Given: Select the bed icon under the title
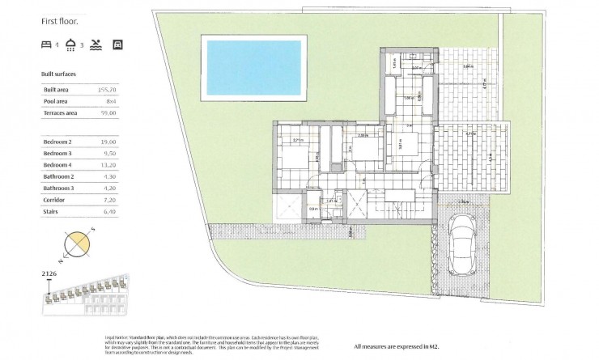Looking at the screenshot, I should click(46, 44).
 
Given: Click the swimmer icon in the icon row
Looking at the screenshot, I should click(97, 44).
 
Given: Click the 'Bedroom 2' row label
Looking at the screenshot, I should click(57, 141).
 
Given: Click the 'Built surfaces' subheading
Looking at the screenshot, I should click(58, 73).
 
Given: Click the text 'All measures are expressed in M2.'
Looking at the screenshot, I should click(403, 348).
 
